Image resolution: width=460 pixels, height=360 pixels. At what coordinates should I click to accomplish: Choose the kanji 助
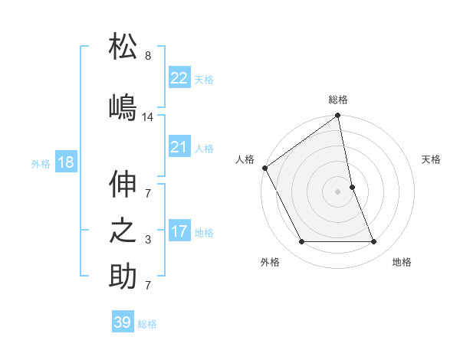[x=123, y=277]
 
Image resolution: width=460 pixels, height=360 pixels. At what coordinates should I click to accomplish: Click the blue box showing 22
[x=179, y=78]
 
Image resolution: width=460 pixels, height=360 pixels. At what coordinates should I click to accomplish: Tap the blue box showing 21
[x=179, y=147]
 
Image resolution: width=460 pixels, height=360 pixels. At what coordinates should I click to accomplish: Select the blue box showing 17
[x=179, y=231]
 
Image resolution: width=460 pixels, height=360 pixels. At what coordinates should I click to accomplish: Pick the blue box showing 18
[x=65, y=162]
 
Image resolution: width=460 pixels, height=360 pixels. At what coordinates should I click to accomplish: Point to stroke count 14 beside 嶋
[x=148, y=117]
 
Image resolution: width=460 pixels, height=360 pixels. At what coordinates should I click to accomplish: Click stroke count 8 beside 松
[x=148, y=56]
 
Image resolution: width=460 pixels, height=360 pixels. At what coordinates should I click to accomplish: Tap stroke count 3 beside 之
[x=148, y=240]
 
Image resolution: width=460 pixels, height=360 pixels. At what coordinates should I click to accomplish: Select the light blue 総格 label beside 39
[x=147, y=324]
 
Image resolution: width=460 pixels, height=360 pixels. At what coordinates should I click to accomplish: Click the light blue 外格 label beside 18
[x=41, y=163]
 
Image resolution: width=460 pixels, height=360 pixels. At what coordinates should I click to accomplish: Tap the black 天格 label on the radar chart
[x=432, y=159]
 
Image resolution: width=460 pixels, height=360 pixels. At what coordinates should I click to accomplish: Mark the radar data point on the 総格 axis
[x=338, y=116]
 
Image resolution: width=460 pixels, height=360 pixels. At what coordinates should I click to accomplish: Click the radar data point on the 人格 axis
[x=265, y=168]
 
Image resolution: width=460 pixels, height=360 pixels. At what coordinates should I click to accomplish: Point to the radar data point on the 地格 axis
[x=374, y=242]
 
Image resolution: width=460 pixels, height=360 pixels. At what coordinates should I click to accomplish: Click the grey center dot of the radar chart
[x=338, y=191]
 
